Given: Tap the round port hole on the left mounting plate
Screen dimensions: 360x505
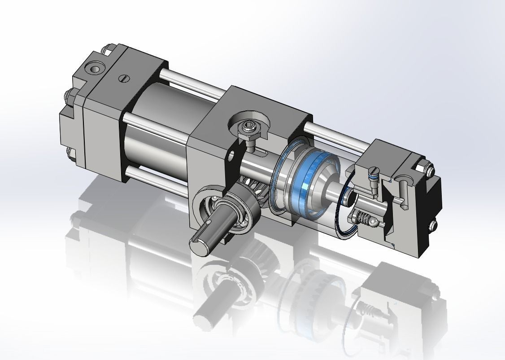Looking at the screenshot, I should [x=95, y=68].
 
